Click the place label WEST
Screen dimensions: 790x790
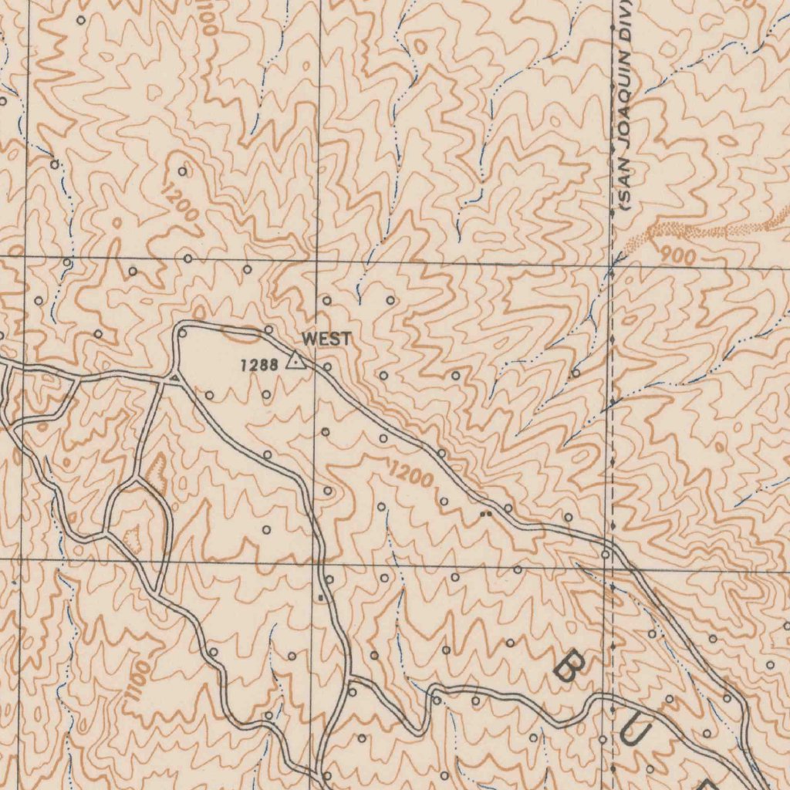click(x=326, y=339)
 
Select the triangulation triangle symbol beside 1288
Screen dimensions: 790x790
click(x=294, y=360)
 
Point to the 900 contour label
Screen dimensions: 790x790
click(x=678, y=256)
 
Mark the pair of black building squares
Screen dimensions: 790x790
click(x=485, y=513)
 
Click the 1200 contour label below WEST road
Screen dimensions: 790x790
click(x=410, y=474)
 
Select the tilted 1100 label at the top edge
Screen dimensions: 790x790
click(x=209, y=15)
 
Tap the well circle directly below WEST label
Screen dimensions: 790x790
click(x=328, y=367)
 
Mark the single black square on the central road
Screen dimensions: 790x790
click(x=320, y=597)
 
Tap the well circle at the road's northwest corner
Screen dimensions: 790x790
click(x=183, y=333)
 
